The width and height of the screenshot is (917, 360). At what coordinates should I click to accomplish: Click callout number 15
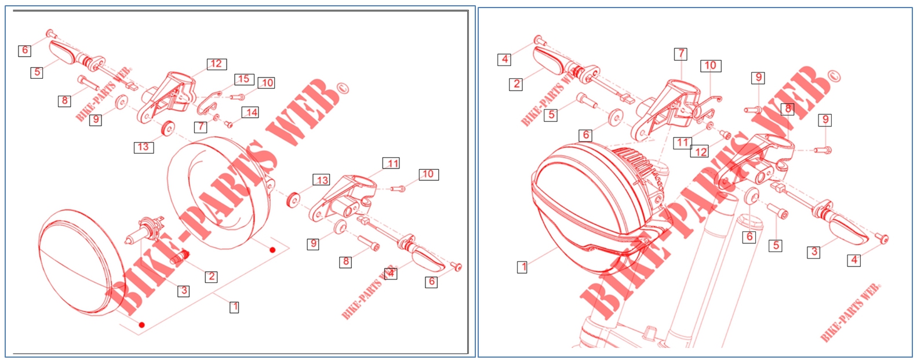click(244, 79)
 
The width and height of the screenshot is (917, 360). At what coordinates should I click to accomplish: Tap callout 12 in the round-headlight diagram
click(217, 64)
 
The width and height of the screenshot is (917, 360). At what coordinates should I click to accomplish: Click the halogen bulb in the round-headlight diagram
click(145, 232)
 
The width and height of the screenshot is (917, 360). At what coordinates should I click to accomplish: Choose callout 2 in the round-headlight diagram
click(211, 277)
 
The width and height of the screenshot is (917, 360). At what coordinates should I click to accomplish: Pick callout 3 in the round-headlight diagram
click(184, 291)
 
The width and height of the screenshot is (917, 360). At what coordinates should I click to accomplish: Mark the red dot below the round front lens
click(141, 325)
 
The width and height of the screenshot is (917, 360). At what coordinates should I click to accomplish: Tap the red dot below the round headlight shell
click(272, 250)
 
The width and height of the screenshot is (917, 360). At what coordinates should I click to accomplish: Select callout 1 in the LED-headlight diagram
click(522, 267)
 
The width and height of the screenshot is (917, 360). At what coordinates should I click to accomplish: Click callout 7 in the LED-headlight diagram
click(681, 54)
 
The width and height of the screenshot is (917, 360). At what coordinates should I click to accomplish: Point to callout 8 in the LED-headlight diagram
click(788, 110)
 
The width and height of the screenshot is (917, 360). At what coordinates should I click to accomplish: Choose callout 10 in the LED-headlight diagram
click(711, 66)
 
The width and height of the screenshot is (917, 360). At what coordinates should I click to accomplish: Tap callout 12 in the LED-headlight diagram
click(700, 152)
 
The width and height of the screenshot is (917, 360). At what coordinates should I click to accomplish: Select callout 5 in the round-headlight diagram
click(37, 72)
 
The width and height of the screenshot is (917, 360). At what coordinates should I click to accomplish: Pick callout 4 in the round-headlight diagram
click(391, 273)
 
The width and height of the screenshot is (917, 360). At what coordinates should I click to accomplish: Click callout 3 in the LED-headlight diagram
click(814, 252)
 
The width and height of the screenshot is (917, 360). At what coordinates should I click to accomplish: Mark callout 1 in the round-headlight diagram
click(234, 307)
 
